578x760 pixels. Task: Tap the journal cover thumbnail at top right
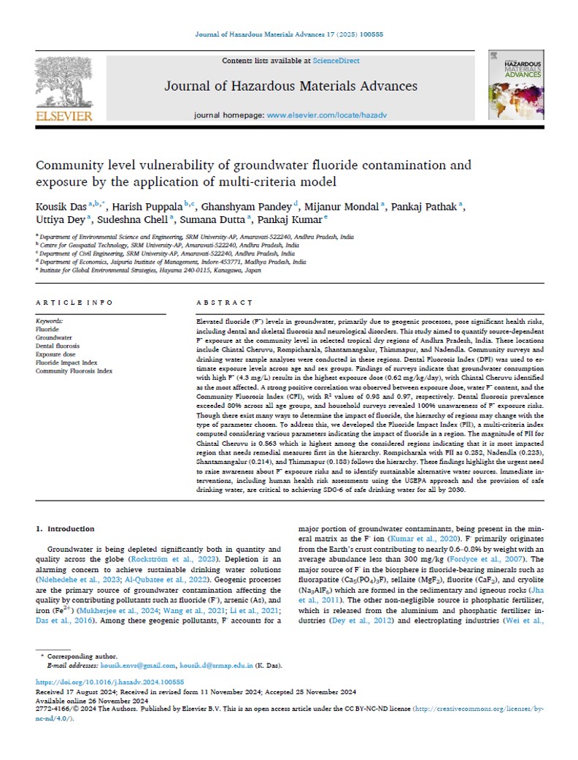515,86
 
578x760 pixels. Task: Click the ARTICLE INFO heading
74,303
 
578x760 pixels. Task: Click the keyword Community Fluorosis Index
74,371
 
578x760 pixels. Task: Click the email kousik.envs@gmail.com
139,666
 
